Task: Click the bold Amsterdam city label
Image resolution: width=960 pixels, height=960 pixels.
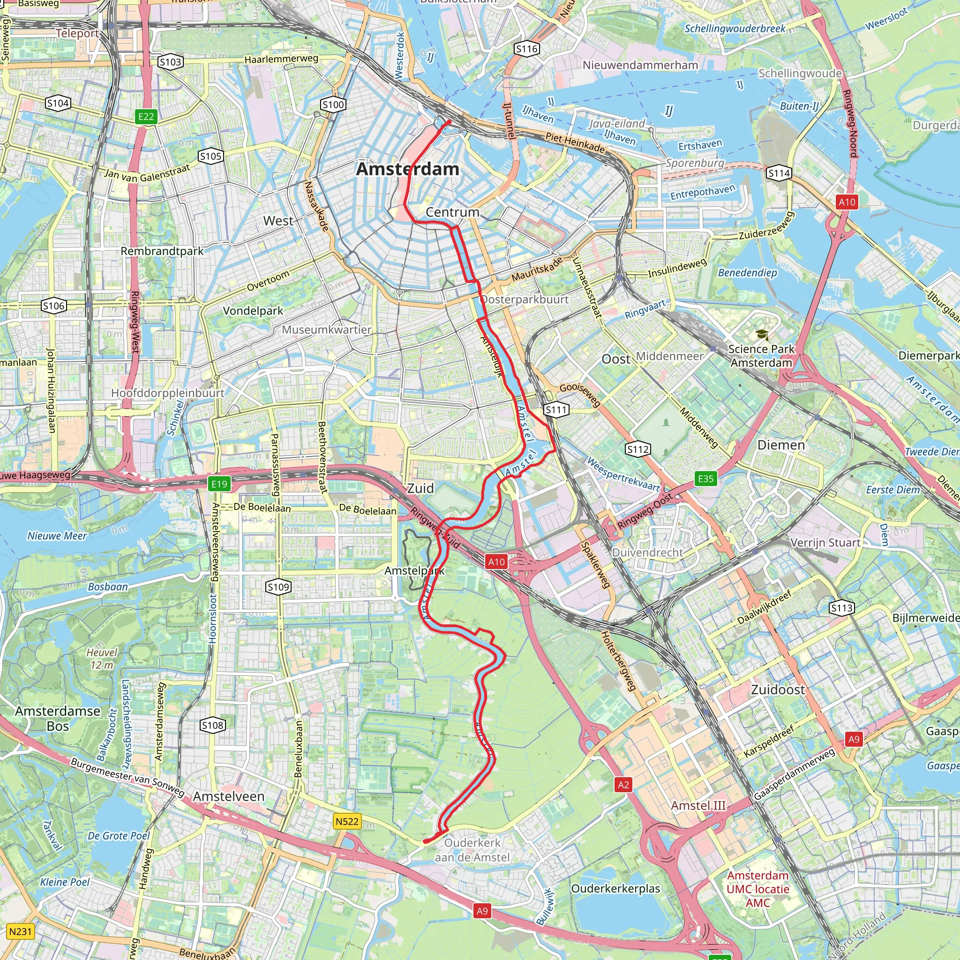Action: [407, 169]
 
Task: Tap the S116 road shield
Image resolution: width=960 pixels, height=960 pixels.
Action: [527, 49]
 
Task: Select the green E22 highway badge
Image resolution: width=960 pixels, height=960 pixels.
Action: [146, 117]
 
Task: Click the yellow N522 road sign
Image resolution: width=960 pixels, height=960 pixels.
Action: [347, 821]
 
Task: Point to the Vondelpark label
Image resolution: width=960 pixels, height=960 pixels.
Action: [253, 311]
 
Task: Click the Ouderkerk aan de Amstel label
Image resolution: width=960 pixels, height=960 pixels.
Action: [472, 850]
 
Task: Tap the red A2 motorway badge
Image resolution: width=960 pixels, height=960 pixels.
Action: [623, 785]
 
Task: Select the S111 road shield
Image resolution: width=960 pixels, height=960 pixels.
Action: [556, 410]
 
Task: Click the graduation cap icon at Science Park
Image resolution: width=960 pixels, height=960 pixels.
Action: [761, 335]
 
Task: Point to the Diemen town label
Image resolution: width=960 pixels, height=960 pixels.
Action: [780, 445]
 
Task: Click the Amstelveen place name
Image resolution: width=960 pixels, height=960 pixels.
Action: [229, 796]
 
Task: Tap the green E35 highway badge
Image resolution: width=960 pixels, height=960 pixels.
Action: [705, 479]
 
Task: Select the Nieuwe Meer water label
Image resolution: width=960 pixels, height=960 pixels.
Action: [57, 536]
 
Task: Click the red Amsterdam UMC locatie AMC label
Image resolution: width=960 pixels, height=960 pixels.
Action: [757, 889]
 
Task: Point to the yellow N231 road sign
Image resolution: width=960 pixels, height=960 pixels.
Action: [20, 932]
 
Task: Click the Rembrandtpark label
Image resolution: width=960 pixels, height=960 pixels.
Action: [162, 251]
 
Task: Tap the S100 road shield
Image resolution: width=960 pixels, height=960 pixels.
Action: [333, 105]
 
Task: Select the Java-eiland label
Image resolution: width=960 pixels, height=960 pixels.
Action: [617, 123]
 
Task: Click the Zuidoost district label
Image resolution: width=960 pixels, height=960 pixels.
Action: [778, 690]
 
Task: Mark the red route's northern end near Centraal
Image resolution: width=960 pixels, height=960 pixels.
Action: [449, 121]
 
